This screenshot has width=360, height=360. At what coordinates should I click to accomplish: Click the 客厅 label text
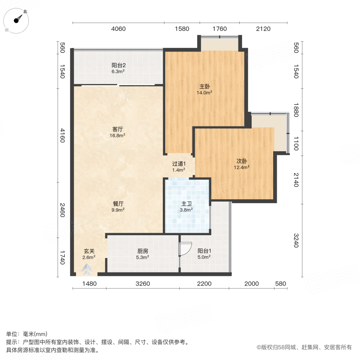[117, 129]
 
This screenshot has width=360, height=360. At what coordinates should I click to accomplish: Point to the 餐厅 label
[117, 203]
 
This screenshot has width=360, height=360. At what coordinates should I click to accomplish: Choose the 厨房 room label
[143, 251]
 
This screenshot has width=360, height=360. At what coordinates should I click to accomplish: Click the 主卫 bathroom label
[186, 203]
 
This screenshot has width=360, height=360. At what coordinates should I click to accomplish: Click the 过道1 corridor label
[178, 164]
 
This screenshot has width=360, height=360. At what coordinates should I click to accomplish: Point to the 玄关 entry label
[89, 251]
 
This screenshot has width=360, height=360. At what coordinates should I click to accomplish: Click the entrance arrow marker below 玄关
[87, 270]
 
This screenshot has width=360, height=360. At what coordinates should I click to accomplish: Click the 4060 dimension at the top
[118, 29]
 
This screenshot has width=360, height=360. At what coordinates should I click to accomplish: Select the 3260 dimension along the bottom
[142, 284]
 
